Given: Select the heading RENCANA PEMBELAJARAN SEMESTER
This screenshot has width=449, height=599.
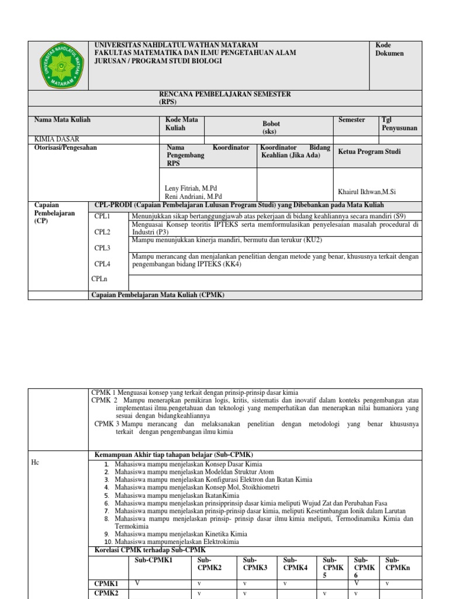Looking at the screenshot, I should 225,94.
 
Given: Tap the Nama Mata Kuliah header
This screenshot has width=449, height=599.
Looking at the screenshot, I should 63,120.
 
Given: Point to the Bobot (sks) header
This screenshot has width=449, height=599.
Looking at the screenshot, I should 271,128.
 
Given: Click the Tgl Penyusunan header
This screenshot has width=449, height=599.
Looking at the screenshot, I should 399,123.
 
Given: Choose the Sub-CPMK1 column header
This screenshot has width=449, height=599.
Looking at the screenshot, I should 154,560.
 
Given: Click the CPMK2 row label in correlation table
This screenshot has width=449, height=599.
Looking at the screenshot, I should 106,593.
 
